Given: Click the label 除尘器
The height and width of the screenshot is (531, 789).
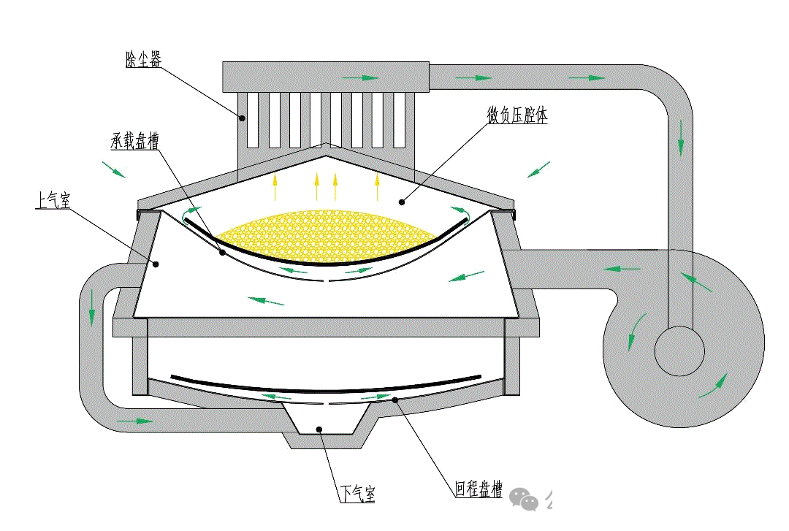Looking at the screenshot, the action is [x=143, y=59].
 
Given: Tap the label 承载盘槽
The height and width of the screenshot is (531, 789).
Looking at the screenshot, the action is [x=135, y=140].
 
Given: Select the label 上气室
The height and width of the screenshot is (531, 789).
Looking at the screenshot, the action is [x=53, y=200].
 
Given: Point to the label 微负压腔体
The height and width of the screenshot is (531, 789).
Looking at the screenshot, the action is [x=517, y=115].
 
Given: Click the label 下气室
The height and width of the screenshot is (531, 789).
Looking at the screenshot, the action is [x=358, y=494].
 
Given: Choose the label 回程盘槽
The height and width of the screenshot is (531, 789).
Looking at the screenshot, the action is [x=479, y=489].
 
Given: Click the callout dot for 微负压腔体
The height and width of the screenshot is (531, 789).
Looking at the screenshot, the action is [x=402, y=202].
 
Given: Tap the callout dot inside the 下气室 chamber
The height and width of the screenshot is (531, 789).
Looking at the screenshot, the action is [x=319, y=429].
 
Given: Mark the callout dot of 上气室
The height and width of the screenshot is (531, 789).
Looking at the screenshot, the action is [x=156, y=264].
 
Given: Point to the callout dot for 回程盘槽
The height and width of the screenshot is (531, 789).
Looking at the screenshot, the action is [x=395, y=400].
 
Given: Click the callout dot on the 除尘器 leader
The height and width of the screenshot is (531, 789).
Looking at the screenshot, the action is [x=242, y=118].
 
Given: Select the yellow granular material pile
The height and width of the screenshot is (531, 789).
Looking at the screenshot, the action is [x=327, y=235].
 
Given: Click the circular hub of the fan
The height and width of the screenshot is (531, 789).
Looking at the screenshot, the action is [x=679, y=351].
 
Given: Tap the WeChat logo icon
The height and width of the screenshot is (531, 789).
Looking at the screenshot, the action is [x=523, y=499].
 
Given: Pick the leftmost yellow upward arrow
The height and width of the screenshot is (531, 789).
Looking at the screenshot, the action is [x=275, y=187].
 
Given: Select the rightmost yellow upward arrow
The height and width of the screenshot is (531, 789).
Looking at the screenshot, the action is [x=377, y=186].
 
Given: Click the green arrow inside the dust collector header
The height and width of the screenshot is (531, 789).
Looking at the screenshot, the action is [x=360, y=78].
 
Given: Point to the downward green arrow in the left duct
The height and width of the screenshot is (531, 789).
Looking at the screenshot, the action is [x=92, y=307].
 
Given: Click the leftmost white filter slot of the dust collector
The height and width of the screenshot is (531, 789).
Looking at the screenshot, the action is [x=253, y=121].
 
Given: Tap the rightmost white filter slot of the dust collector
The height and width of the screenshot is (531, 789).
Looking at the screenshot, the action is [x=400, y=121].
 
